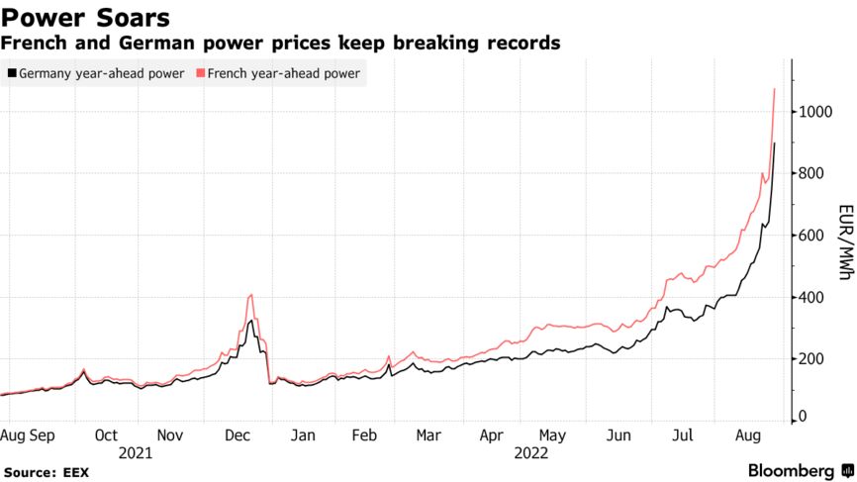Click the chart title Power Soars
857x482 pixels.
85,18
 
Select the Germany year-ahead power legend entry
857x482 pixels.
96,73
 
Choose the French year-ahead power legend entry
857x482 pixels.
278,73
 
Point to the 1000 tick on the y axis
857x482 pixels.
815,112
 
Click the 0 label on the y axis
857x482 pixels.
803,417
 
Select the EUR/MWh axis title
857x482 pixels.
845,242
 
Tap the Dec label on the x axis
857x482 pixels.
238,435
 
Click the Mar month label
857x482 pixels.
428,435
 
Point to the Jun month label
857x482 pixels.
619,435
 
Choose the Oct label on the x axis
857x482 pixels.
106,435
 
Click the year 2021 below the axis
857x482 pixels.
136,453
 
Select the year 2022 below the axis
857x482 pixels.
530,453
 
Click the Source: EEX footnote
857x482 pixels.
46,473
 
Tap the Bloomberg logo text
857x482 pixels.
791,471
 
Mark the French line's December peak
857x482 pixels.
251,295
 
